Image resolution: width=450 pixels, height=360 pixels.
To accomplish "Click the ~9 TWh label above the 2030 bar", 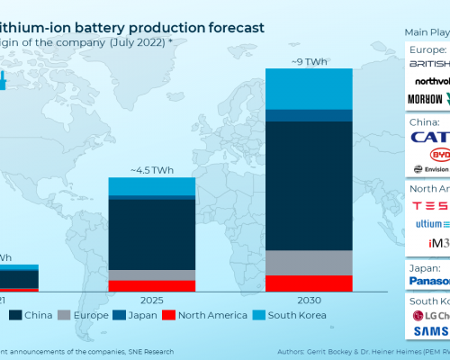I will point(309,61).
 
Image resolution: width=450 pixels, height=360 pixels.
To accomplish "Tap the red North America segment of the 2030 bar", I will point(309,283).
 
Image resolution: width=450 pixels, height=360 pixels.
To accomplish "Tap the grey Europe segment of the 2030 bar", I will point(309,262).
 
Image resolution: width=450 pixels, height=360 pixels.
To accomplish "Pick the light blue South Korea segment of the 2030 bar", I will point(309,88).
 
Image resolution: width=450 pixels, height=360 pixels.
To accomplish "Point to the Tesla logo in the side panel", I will point(429,205).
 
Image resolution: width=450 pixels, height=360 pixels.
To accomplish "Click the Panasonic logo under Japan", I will point(429,281).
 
